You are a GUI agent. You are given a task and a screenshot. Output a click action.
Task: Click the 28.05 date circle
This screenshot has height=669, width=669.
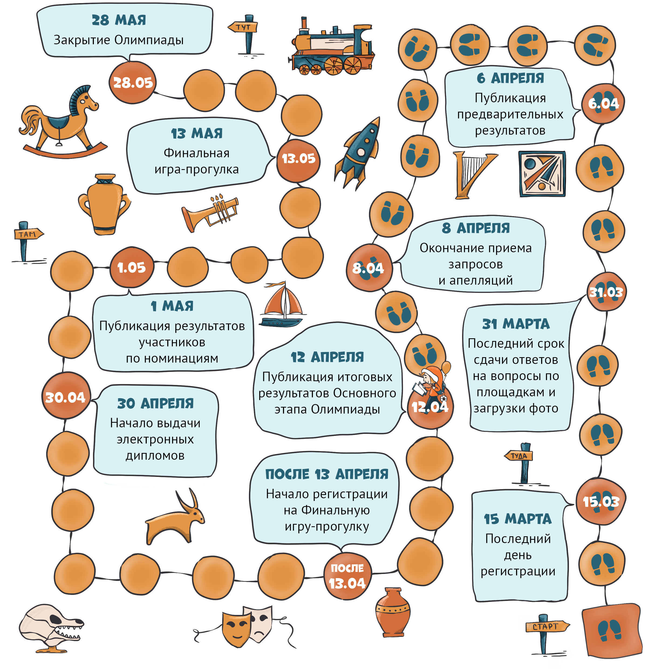click(133, 83)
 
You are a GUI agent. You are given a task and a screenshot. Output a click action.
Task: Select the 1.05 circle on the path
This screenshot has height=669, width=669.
click(132, 267)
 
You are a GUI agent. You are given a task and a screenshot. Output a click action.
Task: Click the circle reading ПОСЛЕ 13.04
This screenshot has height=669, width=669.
click(347, 576)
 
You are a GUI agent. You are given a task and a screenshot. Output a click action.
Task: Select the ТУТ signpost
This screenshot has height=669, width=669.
click(245, 34)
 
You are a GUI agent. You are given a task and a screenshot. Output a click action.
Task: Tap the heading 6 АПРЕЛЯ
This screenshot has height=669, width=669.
click(510, 78)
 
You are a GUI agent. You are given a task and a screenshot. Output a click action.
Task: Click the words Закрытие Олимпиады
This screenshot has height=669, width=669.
click(118, 40)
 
